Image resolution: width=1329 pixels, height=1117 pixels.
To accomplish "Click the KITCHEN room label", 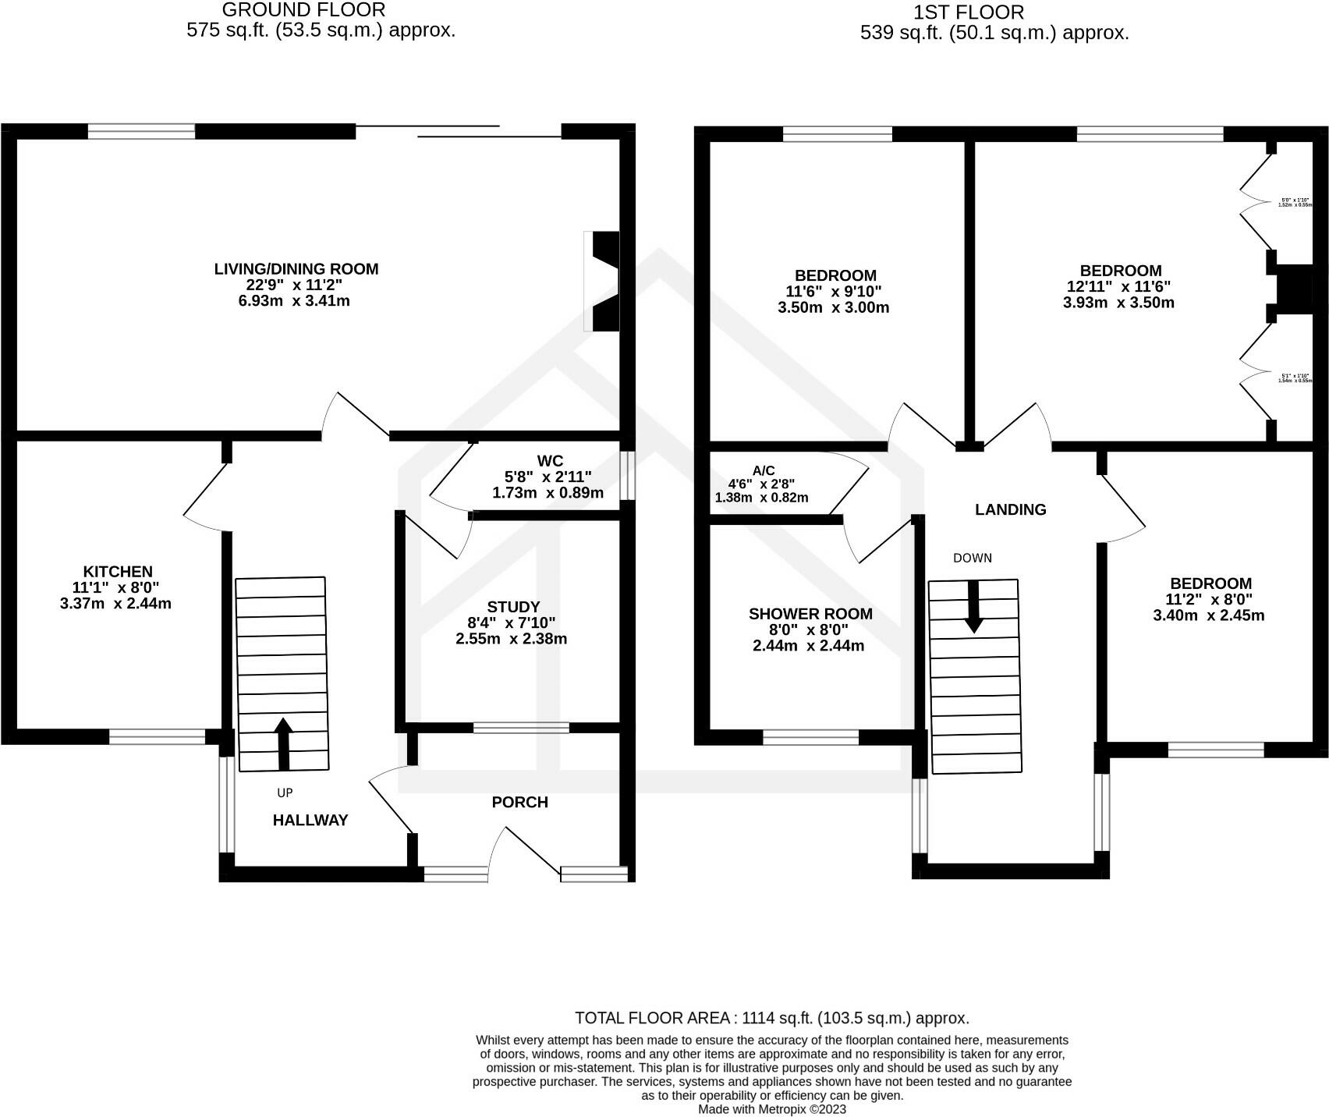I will [x=118, y=572].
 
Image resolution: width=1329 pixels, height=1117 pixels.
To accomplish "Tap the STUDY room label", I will [x=512, y=607].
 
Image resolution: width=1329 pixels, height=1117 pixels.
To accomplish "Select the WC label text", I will [x=549, y=461].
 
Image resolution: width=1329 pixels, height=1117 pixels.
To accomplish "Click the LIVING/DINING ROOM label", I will [x=296, y=269].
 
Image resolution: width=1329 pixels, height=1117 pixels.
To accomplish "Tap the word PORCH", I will [x=519, y=803].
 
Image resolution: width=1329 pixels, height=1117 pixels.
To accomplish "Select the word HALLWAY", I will [x=310, y=820].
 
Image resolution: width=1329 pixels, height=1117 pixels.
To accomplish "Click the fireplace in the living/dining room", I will [x=603, y=281].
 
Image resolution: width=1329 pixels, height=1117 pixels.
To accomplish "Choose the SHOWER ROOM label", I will [x=810, y=614].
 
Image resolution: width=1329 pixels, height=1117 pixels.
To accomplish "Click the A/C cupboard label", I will [x=763, y=470].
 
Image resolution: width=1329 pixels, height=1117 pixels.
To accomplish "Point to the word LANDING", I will [x=1010, y=510].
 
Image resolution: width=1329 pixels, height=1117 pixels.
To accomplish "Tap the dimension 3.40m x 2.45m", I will [x=1208, y=615].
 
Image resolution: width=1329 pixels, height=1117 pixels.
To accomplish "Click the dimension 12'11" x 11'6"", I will [x=1119, y=287].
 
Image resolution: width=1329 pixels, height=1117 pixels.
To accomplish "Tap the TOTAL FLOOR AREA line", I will [x=771, y=1018].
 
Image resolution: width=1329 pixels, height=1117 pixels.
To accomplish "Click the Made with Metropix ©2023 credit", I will [x=771, y=1108].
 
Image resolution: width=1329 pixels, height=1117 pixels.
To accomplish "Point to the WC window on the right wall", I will [x=627, y=475].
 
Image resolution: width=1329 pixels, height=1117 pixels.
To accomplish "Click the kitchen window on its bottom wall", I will [x=157, y=736].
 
